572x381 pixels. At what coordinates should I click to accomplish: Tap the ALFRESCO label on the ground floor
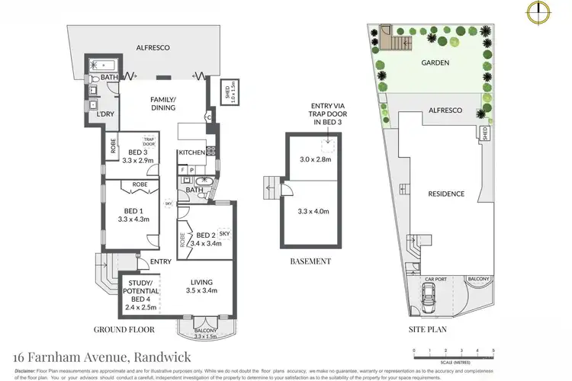(x=153, y=47)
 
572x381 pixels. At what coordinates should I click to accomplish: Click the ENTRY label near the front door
(x=161, y=262)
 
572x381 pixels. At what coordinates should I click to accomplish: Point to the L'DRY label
(x=104, y=114)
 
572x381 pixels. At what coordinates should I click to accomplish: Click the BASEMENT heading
(x=310, y=261)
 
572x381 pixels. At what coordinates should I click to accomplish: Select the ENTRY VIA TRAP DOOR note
(x=329, y=116)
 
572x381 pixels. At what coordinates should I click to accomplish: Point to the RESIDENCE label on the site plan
(x=445, y=194)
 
